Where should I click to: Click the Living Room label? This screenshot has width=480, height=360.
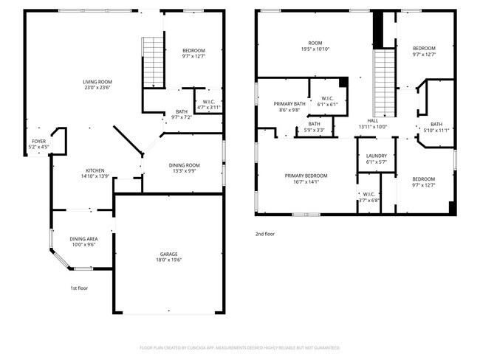[97, 82]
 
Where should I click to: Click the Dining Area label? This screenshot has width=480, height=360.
[83, 238]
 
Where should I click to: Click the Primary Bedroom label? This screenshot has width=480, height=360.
[306, 176]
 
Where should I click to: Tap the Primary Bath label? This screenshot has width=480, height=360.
[289, 104]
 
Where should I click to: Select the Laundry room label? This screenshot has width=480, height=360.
[377, 156]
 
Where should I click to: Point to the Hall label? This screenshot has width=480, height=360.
[372, 121]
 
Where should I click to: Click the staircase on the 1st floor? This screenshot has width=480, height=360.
[152, 60]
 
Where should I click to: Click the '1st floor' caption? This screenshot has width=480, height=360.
[78, 288]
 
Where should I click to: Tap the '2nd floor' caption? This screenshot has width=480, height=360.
[264, 234]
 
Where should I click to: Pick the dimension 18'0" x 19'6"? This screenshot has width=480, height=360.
[169, 260]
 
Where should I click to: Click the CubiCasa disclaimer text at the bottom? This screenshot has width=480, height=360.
[239, 347]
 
